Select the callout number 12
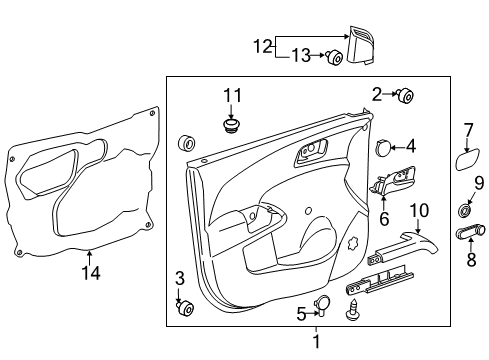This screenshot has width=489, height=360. [261, 45]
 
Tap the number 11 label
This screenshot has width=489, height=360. [232, 97]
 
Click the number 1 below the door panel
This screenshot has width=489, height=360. [318, 342]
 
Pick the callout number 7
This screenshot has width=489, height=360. [467, 130]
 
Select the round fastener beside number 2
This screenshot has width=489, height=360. [406, 97]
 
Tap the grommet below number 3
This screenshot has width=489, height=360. [183, 307]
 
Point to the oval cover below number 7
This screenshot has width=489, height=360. [467, 161]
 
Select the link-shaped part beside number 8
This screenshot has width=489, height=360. [469, 232]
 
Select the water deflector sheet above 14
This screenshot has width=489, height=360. [85, 180]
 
